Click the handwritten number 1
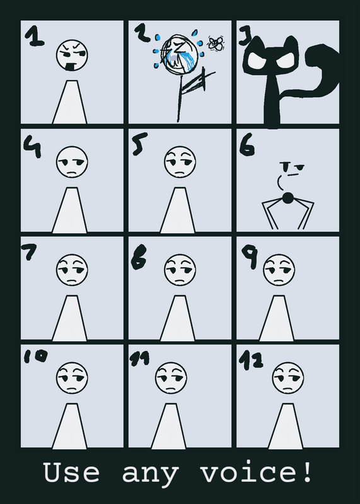(x=35, y=36)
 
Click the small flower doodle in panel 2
(x=216, y=43)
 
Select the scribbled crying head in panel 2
(x=178, y=54)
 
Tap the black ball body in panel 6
(x=287, y=198)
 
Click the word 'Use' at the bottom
(x=71, y=472)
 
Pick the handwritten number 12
(x=251, y=360)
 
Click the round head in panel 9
(x=279, y=270)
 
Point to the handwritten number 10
(x=36, y=356)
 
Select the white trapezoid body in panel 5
(x=178, y=210)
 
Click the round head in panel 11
(x=171, y=378)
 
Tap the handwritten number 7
(x=29, y=251)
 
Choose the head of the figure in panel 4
(x=72, y=162)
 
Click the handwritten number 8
(x=139, y=257)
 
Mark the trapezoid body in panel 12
(x=286, y=427)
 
